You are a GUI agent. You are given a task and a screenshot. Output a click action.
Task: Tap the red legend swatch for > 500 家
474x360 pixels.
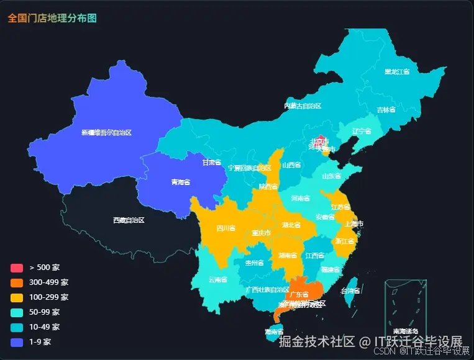[16, 268]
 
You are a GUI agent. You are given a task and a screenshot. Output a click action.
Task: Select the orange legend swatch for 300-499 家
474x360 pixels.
[16, 282]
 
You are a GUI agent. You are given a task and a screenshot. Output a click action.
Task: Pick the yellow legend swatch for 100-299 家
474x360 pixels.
[16, 297]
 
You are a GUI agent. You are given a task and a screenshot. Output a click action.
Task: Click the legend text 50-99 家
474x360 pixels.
[45, 312]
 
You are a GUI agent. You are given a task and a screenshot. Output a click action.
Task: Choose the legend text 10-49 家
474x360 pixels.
[45, 327]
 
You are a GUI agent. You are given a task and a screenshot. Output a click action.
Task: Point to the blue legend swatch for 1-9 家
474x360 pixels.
[16, 342]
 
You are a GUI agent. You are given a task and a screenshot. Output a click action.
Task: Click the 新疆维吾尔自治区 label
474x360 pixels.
[106, 132]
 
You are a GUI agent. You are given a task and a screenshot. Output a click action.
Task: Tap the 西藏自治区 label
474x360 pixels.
[129, 220]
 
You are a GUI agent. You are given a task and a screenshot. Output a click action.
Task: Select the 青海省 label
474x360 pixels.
[180, 182]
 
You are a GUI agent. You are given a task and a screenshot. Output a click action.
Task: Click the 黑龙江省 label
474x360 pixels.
[397, 72]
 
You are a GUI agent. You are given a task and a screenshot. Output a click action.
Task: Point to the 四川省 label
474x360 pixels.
[226, 228]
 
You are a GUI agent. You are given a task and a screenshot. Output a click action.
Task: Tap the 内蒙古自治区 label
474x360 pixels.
[303, 106]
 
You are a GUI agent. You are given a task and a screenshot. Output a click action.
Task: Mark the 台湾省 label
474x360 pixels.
[351, 290]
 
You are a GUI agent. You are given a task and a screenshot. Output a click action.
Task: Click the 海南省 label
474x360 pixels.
[274, 332]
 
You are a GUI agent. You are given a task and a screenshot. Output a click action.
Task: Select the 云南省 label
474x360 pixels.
[218, 280]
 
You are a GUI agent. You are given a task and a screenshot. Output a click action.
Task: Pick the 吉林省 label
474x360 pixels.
[386, 110]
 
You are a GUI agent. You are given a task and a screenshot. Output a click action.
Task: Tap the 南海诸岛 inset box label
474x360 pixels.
[405, 331]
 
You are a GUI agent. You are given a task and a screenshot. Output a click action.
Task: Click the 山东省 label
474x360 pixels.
[331, 176]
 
